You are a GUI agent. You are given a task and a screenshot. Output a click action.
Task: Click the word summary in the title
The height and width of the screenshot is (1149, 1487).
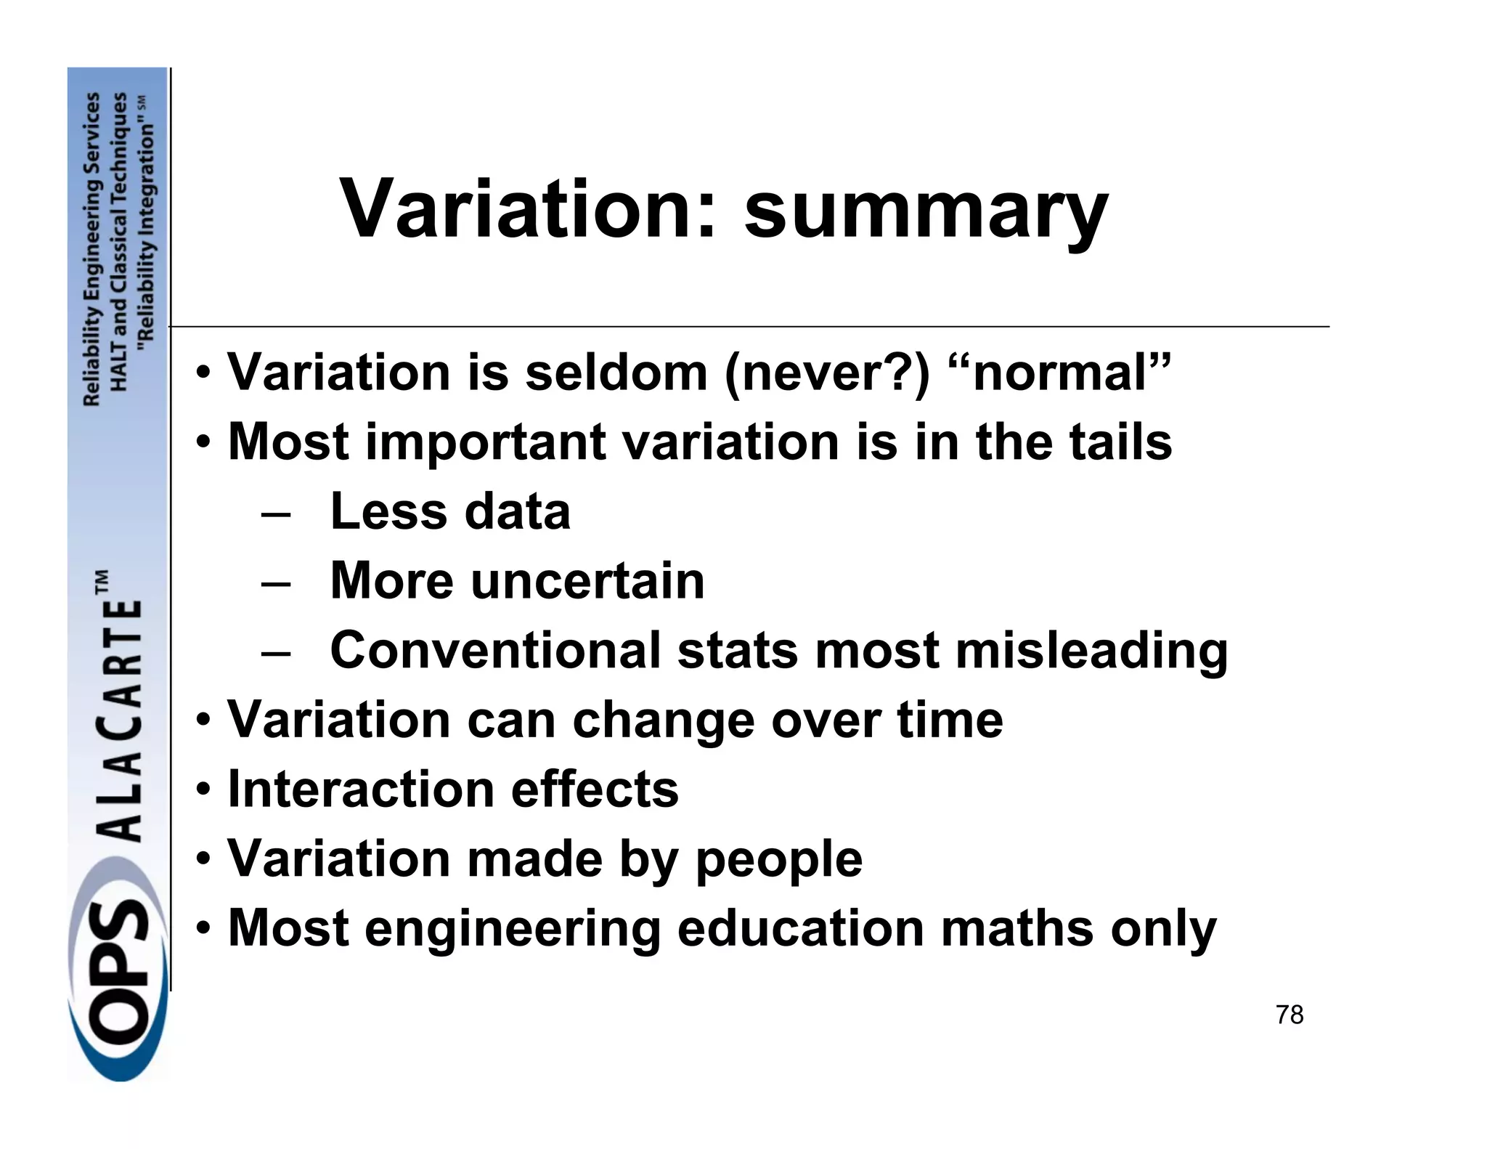[x=926, y=211]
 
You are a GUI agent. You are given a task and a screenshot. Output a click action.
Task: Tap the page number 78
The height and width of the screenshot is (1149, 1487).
[x=1290, y=1015]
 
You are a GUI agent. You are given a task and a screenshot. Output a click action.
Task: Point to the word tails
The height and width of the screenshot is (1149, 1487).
[x=1120, y=442]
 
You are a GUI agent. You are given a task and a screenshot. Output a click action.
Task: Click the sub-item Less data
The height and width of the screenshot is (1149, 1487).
[x=450, y=511]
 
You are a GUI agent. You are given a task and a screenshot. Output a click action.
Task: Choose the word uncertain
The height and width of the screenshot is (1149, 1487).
[x=587, y=581]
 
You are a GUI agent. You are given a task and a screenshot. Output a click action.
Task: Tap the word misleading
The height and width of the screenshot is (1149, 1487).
[x=1091, y=651]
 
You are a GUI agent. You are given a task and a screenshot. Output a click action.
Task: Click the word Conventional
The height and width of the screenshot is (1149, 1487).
[x=494, y=651]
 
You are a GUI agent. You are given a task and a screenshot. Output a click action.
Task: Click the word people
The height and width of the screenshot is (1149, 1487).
[x=779, y=860]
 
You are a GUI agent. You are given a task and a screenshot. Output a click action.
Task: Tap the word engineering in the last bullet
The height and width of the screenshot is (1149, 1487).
[x=513, y=930]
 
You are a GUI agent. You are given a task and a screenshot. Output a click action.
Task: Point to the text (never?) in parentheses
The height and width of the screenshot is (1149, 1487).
[x=827, y=373]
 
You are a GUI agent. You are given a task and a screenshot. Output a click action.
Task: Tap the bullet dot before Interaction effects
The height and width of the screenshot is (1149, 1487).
[x=205, y=789]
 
